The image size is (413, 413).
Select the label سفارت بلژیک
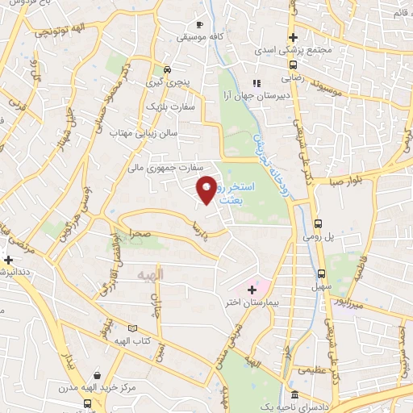click(168, 106)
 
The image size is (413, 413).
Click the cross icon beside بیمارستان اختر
click(230, 288)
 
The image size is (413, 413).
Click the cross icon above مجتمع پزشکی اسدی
click(294, 37)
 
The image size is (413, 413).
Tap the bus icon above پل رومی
click(319, 223)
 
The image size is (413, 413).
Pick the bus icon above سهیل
click(322, 273)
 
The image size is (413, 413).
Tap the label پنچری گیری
click(164, 82)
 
